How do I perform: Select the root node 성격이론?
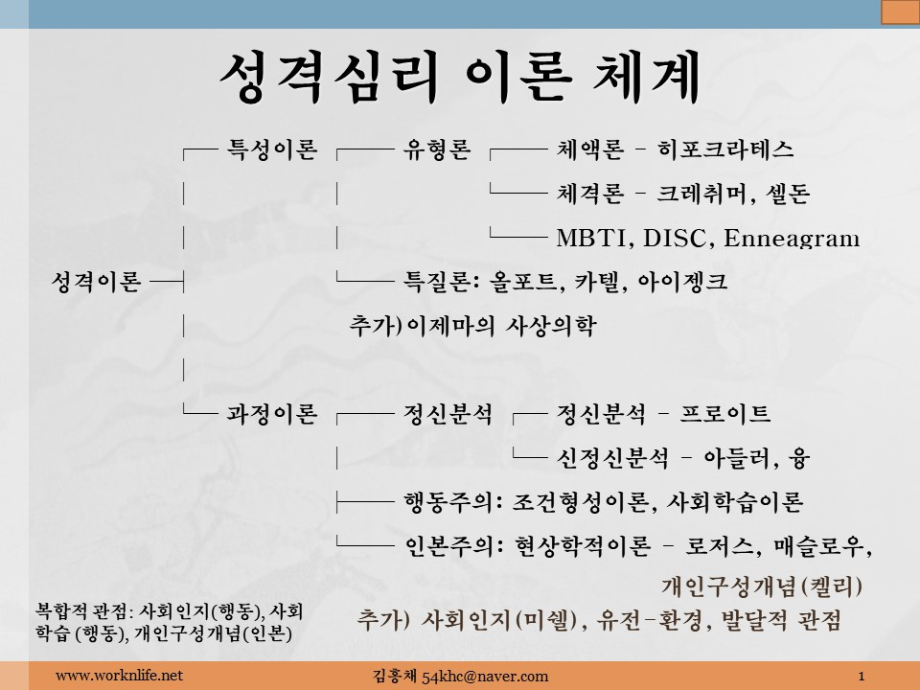(x=96, y=281)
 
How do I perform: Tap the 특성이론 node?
(x=271, y=149)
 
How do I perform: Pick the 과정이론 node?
(x=271, y=414)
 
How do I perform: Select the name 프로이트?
(x=725, y=414)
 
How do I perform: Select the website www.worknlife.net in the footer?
(x=119, y=676)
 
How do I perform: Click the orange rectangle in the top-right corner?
(x=900, y=11)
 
